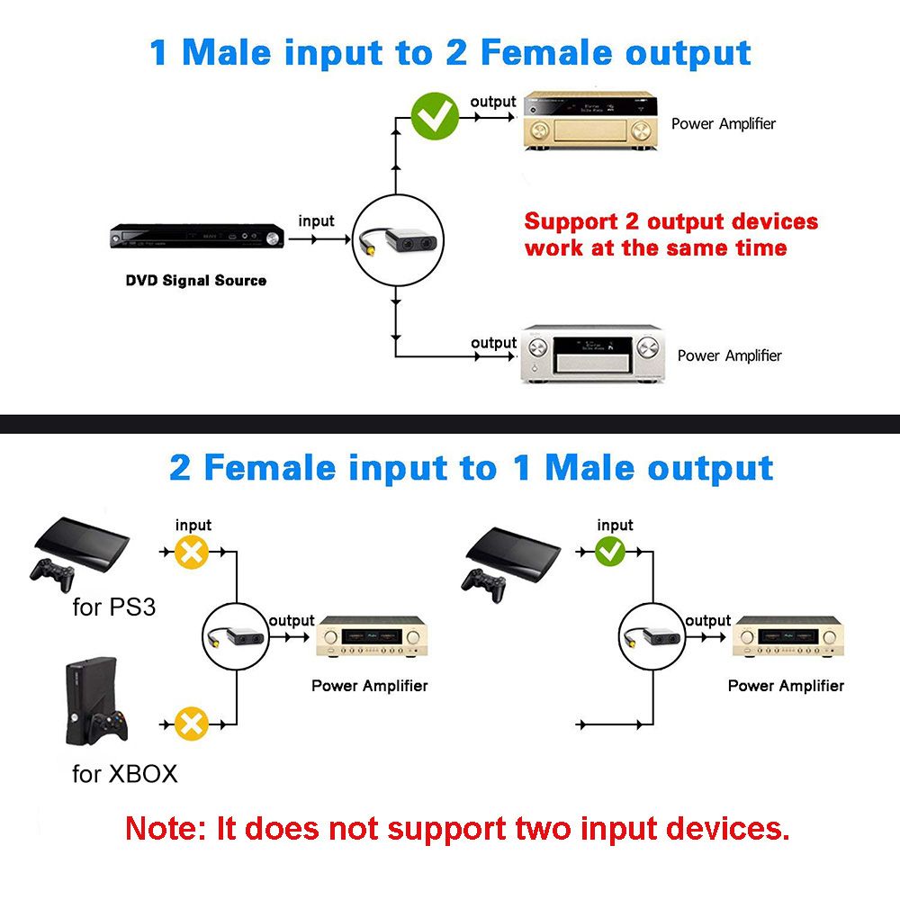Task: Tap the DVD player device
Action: (x=197, y=238)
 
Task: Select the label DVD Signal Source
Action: (x=195, y=281)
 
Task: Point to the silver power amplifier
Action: (x=595, y=355)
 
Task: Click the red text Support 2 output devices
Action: (x=670, y=221)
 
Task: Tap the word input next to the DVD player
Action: (x=316, y=221)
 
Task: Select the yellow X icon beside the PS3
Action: (x=191, y=552)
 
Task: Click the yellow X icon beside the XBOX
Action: (x=191, y=723)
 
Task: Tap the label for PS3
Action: (x=113, y=607)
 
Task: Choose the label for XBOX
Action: (x=124, y=774)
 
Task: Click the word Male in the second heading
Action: (x=588, y=468)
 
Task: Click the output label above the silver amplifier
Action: (x=493, y=343)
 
